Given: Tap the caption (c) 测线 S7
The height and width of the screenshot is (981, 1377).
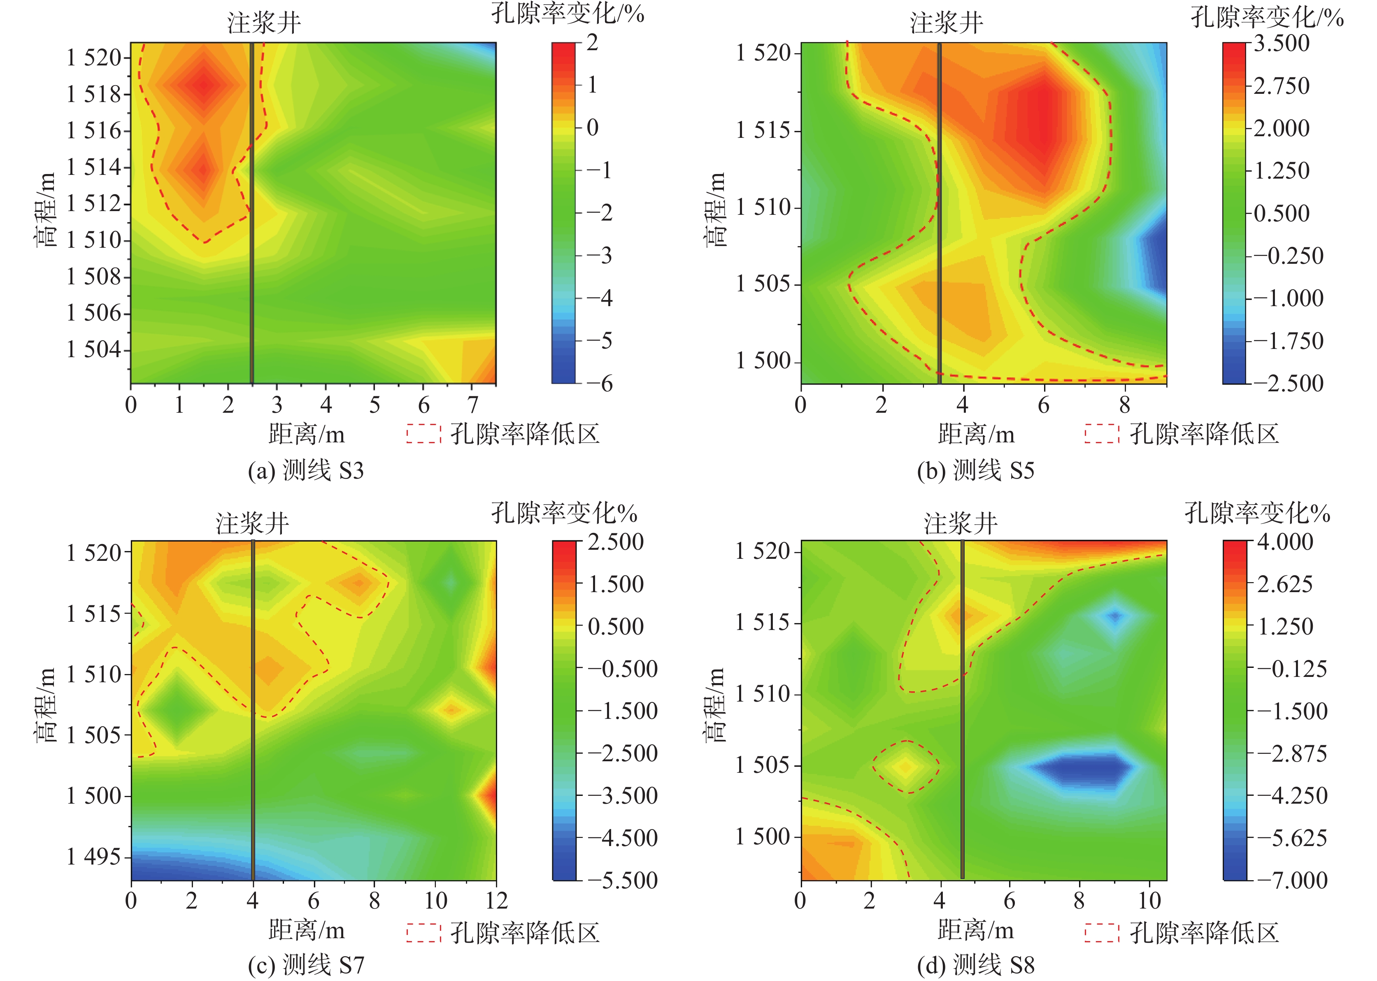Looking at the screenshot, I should tap(306, 965).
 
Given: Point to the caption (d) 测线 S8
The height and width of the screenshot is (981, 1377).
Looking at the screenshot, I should tap(975, 965).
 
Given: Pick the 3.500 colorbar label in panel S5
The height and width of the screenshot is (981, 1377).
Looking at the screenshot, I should tap(1281, 44).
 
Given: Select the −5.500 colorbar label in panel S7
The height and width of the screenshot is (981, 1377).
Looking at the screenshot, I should tap(622, 879).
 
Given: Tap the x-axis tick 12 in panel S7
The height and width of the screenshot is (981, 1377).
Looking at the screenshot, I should tap(496, 901).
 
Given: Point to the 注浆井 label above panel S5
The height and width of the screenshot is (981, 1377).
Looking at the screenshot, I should tap(947, 23).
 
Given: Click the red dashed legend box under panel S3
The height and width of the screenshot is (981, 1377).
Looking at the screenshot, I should tap(423, 434).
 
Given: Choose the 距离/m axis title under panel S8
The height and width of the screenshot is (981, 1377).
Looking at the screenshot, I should tap(975, 931).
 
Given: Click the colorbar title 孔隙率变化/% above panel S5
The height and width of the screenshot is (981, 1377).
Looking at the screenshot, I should tap(1266, 17).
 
